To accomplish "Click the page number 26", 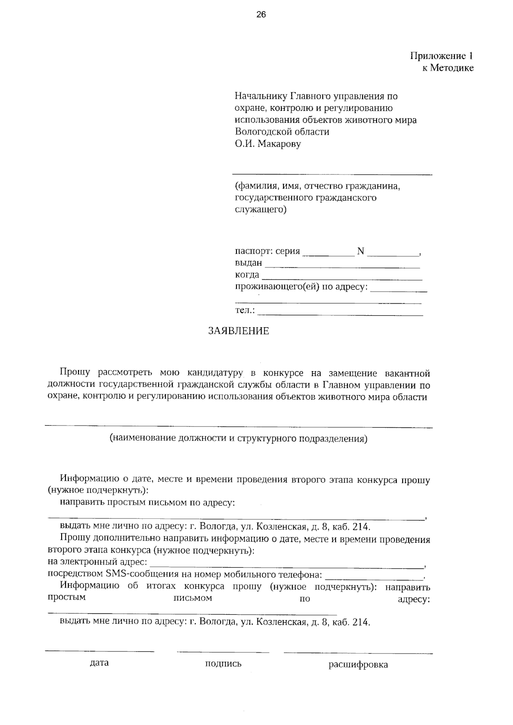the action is [261, 15].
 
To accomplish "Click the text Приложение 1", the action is [442, 56].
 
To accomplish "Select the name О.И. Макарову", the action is [268, 144].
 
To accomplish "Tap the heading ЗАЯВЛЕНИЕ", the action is [239, 331].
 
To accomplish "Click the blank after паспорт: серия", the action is [328, 254].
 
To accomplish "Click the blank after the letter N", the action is [393, 254].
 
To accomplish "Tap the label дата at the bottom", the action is [99, 663].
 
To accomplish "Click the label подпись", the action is [223, 664].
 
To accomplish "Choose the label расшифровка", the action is [358, 665].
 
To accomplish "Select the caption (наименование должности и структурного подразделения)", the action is [239, 438].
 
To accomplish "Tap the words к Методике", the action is [448, 68].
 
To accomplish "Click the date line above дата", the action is [99, 651].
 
